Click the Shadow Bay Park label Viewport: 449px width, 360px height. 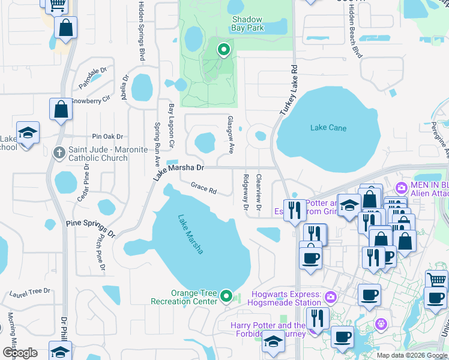point(248,23)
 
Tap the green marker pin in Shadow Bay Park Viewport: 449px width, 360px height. point(223,50)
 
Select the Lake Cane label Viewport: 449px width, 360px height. point(328,127)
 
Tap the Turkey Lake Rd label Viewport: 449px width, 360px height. point(288,91)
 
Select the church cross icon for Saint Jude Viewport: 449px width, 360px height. point(59,152)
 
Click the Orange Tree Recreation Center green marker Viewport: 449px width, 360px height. point(226,295)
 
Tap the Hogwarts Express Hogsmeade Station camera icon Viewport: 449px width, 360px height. point(330,297)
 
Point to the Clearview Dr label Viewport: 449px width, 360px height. point(258,192)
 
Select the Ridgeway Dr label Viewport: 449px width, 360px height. point(246,192)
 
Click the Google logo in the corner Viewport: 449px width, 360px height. point(20,352)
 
